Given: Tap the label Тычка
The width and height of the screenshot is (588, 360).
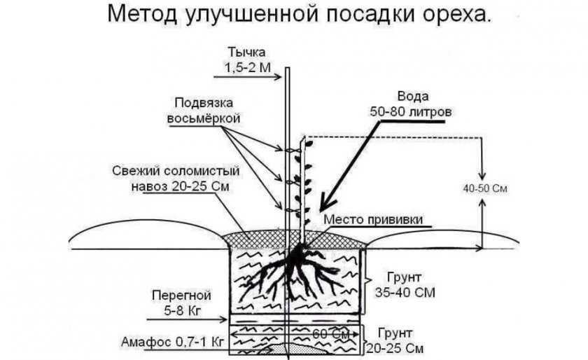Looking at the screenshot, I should click(x=246, y=53).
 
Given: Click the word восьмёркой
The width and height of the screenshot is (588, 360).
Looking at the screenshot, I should click(x=204, y=118).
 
